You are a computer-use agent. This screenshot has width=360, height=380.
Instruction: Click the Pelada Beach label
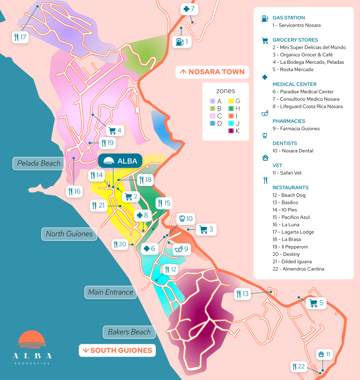38,163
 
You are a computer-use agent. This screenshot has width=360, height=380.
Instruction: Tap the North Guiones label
69,233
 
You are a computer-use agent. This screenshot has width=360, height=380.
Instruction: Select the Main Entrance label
111,292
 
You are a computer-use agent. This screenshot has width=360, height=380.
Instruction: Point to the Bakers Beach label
129,332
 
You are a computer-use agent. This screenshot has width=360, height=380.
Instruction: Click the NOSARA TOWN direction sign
212,72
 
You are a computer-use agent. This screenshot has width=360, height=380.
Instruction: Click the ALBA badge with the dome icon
120,161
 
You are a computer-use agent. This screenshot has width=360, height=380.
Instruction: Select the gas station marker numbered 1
183,42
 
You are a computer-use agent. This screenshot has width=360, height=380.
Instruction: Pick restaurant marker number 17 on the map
20,37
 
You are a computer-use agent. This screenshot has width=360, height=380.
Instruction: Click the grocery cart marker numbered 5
316,303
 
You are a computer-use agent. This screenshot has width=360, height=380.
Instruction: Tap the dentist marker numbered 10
186,218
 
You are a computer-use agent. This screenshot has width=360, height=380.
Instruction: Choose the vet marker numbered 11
324,354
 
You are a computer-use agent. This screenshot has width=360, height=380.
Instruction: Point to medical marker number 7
190,8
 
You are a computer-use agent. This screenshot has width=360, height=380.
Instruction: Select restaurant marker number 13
243,294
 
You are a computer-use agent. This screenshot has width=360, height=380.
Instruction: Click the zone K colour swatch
231,131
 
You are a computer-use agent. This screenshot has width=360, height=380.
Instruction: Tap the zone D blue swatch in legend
212,123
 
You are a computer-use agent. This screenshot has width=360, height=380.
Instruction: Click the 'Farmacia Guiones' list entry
296,128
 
